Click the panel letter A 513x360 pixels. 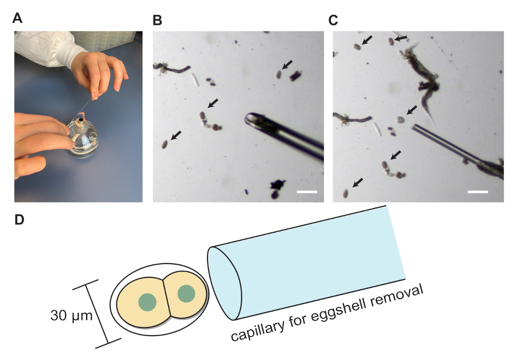click(17, 18)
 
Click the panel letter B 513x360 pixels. click(157, 20)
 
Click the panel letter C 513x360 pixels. click(333, 20)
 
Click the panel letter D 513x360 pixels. click(19, 220)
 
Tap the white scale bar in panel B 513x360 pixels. click(307, 191)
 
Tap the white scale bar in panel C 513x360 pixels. click(478, 191)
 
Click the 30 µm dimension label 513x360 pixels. click(71, 315)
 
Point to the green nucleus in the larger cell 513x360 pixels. click(147, 302)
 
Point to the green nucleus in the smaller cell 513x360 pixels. click(186, 294)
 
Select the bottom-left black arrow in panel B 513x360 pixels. click(176, 135)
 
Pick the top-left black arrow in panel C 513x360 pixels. click(367, 40)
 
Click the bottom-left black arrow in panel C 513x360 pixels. click(358, 183)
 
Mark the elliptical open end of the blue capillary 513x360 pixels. click(224, 283)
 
